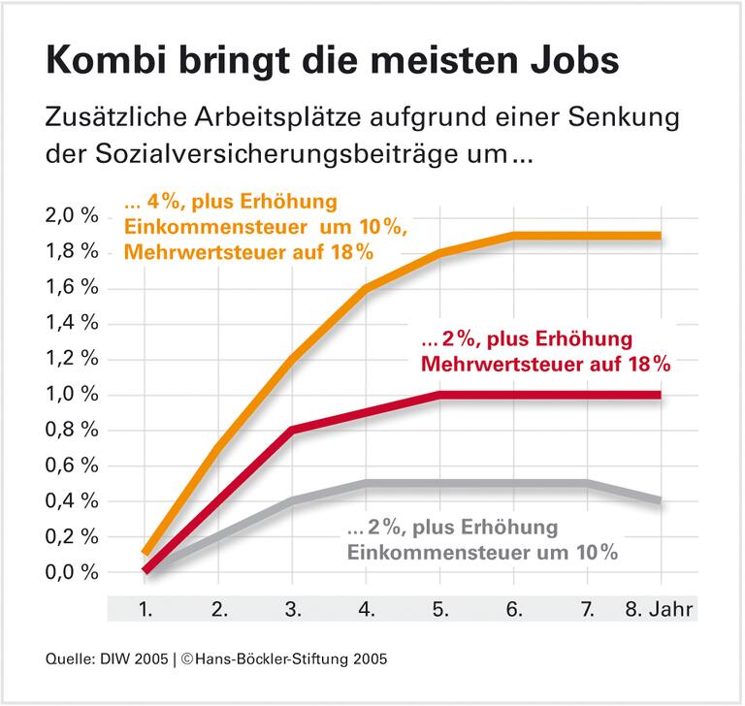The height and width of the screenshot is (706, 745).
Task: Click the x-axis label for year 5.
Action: [x=439, y=610]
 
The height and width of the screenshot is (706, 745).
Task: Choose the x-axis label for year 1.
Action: [x=146, y=610]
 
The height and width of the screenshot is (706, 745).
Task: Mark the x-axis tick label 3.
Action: [x=293, y=610]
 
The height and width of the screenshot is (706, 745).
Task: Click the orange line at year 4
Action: [x=367, y=288]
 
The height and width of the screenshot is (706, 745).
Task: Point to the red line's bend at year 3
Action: [x=293, y=429]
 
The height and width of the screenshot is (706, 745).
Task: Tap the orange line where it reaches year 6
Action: [x=513, y=235]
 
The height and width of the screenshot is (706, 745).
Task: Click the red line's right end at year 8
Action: [x=660, y=395]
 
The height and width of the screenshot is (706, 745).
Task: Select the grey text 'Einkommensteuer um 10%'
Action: [x=483, y=553]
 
